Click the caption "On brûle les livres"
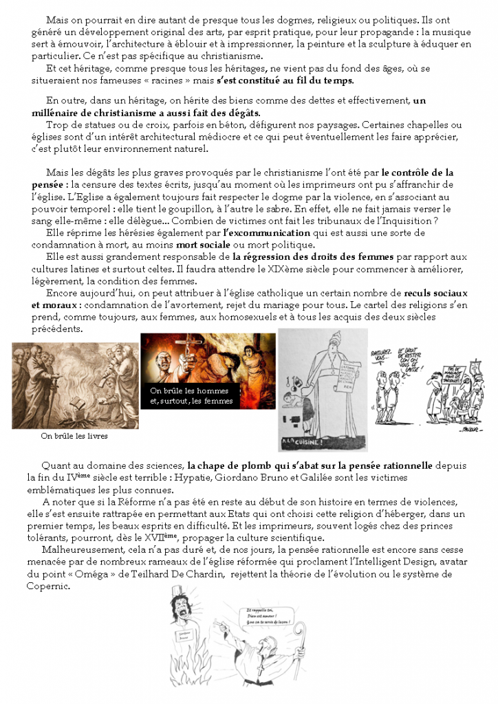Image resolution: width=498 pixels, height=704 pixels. [74, 436]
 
